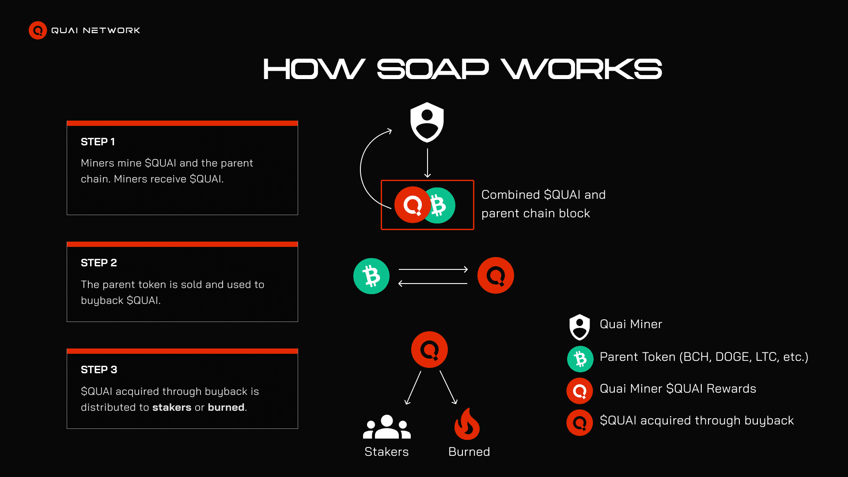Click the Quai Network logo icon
click(38, 30)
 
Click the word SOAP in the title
click(432, 69)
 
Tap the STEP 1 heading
click(98, 142)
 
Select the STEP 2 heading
click(98, 263)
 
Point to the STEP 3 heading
click(98, 370)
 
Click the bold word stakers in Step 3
click(172, 407)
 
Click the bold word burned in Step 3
click(226, 407)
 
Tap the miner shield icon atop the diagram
click(427, 122)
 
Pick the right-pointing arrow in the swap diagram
click(433, 269)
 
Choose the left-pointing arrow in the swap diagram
click(433, 284)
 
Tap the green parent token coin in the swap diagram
click(371, 276)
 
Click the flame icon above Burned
click(467, 424)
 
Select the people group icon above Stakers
click(386, 427)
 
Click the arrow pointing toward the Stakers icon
click(413, 388)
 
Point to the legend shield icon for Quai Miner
click(579, 327)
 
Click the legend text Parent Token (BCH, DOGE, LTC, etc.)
click(704, 357)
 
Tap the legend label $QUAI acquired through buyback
click(697, 420)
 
